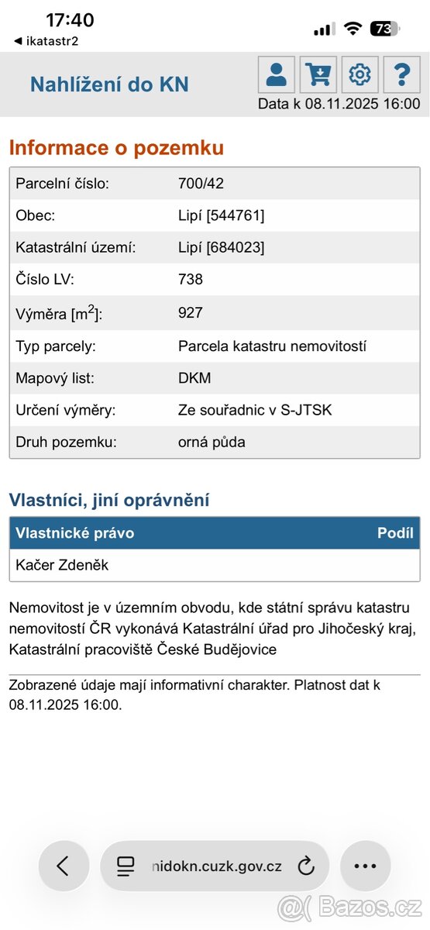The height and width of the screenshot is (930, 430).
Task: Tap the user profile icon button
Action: coord(277,74)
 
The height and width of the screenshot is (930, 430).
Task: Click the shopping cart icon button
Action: coord(318,74)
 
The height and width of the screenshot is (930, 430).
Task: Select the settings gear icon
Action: coord(359,74)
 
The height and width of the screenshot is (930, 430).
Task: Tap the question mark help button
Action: coord(401,74)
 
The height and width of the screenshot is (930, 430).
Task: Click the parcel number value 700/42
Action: coord(201,184)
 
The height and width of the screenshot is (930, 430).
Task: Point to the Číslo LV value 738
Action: coord(191,279)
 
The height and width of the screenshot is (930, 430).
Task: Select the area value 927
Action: coord(191,312)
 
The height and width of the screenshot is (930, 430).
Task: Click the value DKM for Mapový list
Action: coord(194,377)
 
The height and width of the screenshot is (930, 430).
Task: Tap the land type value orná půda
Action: coord(212,443)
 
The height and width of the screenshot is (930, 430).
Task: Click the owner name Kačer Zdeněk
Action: coord(62,565)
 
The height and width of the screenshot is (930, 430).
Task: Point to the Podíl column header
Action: coord(395,533)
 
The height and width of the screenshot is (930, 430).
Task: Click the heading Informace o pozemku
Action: coord(116,147)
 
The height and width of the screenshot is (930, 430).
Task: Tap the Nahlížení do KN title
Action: coord(109,84)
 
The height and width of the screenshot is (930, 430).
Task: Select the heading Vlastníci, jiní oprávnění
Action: coord(109,500)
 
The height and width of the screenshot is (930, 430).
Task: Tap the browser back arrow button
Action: coord(63,866)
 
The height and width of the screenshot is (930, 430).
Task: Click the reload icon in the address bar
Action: coord(306,866)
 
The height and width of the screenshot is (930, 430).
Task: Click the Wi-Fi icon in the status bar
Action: coord(353,29)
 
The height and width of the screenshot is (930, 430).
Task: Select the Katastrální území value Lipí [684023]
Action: coord(221,247)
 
